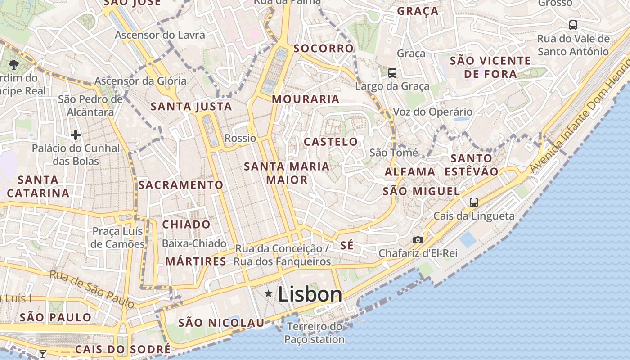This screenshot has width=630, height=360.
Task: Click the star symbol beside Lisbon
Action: coord(269,294)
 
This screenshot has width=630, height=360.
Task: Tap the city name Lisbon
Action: coord(310,294)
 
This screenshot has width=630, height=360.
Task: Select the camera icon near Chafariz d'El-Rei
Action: coord(418,240)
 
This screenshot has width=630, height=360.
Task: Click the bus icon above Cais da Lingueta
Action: coord(474,202)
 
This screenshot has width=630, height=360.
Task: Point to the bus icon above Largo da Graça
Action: coord(392,72)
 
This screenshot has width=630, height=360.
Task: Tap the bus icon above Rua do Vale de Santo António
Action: coord(573,25)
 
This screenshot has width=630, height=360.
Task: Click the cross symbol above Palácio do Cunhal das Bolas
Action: coord(76,135)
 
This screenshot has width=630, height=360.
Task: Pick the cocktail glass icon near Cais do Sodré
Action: coord(43,354)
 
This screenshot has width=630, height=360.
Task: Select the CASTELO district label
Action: coord(331,142)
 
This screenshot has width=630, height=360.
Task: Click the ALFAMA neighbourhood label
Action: coord(410,172)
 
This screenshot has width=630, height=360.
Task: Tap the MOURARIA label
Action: coord(306,99)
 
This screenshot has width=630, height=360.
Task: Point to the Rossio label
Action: coord(240,138)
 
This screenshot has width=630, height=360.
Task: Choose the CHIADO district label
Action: coord(186,224)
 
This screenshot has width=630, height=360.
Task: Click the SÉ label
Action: coord(347,246)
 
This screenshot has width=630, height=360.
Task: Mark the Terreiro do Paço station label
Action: coord(315,333)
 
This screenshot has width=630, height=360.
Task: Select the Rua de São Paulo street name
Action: coord(92,289)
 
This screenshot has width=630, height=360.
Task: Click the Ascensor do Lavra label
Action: coord(160,35)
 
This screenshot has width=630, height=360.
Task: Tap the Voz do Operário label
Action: coord(433,112)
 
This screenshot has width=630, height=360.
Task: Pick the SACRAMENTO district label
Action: coord(180,185)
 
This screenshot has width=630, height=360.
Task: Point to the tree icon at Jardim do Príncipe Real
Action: coord(13,64)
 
